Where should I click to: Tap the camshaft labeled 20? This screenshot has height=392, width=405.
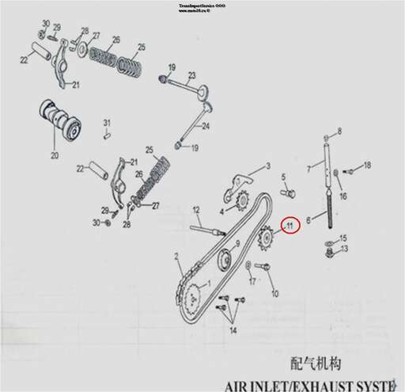pos(61,124)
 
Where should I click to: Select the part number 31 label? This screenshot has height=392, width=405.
pos(107,122)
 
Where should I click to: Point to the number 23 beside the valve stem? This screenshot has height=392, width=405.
pos(191,77)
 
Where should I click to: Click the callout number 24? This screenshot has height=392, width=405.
pos(206,127)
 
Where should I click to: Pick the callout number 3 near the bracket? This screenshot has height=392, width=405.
pos(267,166)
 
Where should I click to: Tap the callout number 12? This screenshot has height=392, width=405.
pos(196,210)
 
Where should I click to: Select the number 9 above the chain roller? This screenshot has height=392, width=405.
pos(237,243)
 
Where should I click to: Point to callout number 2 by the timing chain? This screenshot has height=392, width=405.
pos(177,255)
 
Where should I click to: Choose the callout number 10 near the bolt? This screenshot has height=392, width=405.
pos(275,294)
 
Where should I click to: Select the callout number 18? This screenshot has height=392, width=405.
pos(367,165)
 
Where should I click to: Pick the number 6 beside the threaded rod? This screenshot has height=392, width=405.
pos(308,223)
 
